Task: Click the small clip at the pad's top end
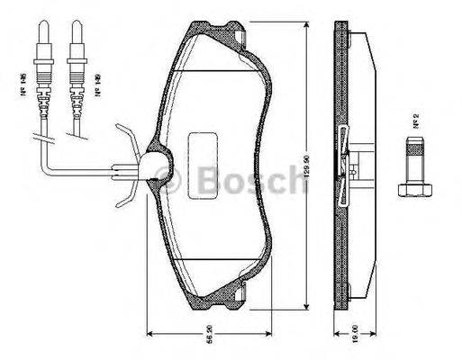point(243,36)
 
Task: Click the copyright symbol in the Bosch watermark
point(171,183)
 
